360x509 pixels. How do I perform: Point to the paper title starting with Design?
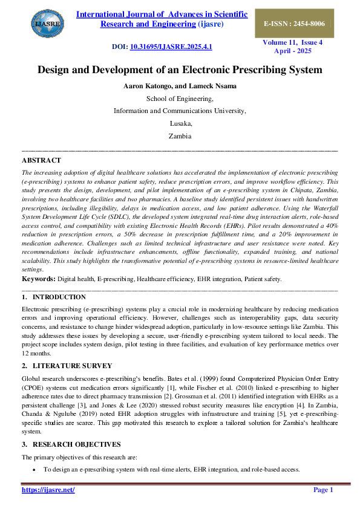point(180,70)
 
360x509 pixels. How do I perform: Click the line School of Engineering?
point(180,99)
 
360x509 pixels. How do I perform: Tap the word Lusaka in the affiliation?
point(180,123)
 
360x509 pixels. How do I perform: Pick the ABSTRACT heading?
point(41,160)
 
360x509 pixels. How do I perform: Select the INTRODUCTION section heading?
point(59,297)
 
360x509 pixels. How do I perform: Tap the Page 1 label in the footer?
point(323,490)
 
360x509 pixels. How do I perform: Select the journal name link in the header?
point(162,19)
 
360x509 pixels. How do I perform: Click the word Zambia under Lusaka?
point(180,136)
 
